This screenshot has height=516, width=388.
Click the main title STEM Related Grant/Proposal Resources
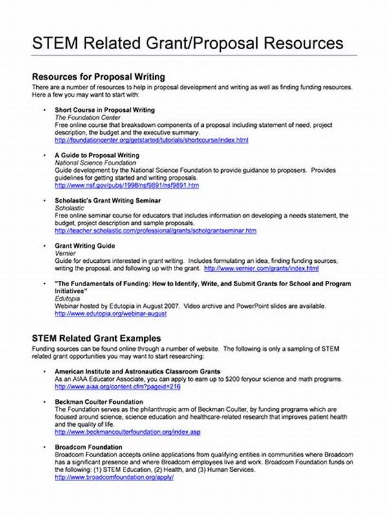point(188,43)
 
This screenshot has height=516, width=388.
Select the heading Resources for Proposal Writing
point(98,77)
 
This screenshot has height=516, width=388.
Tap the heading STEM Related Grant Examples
point(96,338)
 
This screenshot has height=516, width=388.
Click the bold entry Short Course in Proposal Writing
point(104,110)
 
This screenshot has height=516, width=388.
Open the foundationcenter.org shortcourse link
point(151,140)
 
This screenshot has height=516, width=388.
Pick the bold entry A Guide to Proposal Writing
point(96,155)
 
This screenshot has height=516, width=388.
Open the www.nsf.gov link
point(127,185)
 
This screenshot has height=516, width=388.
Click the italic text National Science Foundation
point(95,163)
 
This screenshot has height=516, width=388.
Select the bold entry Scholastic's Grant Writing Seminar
point(107,201)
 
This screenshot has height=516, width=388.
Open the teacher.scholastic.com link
point(155,230)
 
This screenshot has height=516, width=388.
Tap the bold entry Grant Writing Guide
point(85,246)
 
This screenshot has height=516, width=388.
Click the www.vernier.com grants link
point(261,268)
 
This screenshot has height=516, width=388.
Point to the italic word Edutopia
point(68,298)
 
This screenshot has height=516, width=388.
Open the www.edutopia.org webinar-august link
point(111,313)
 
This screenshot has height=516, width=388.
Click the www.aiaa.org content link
point(117,387)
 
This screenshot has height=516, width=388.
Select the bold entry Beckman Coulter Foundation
point(99,402)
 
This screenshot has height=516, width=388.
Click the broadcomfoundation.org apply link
point(114,477)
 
